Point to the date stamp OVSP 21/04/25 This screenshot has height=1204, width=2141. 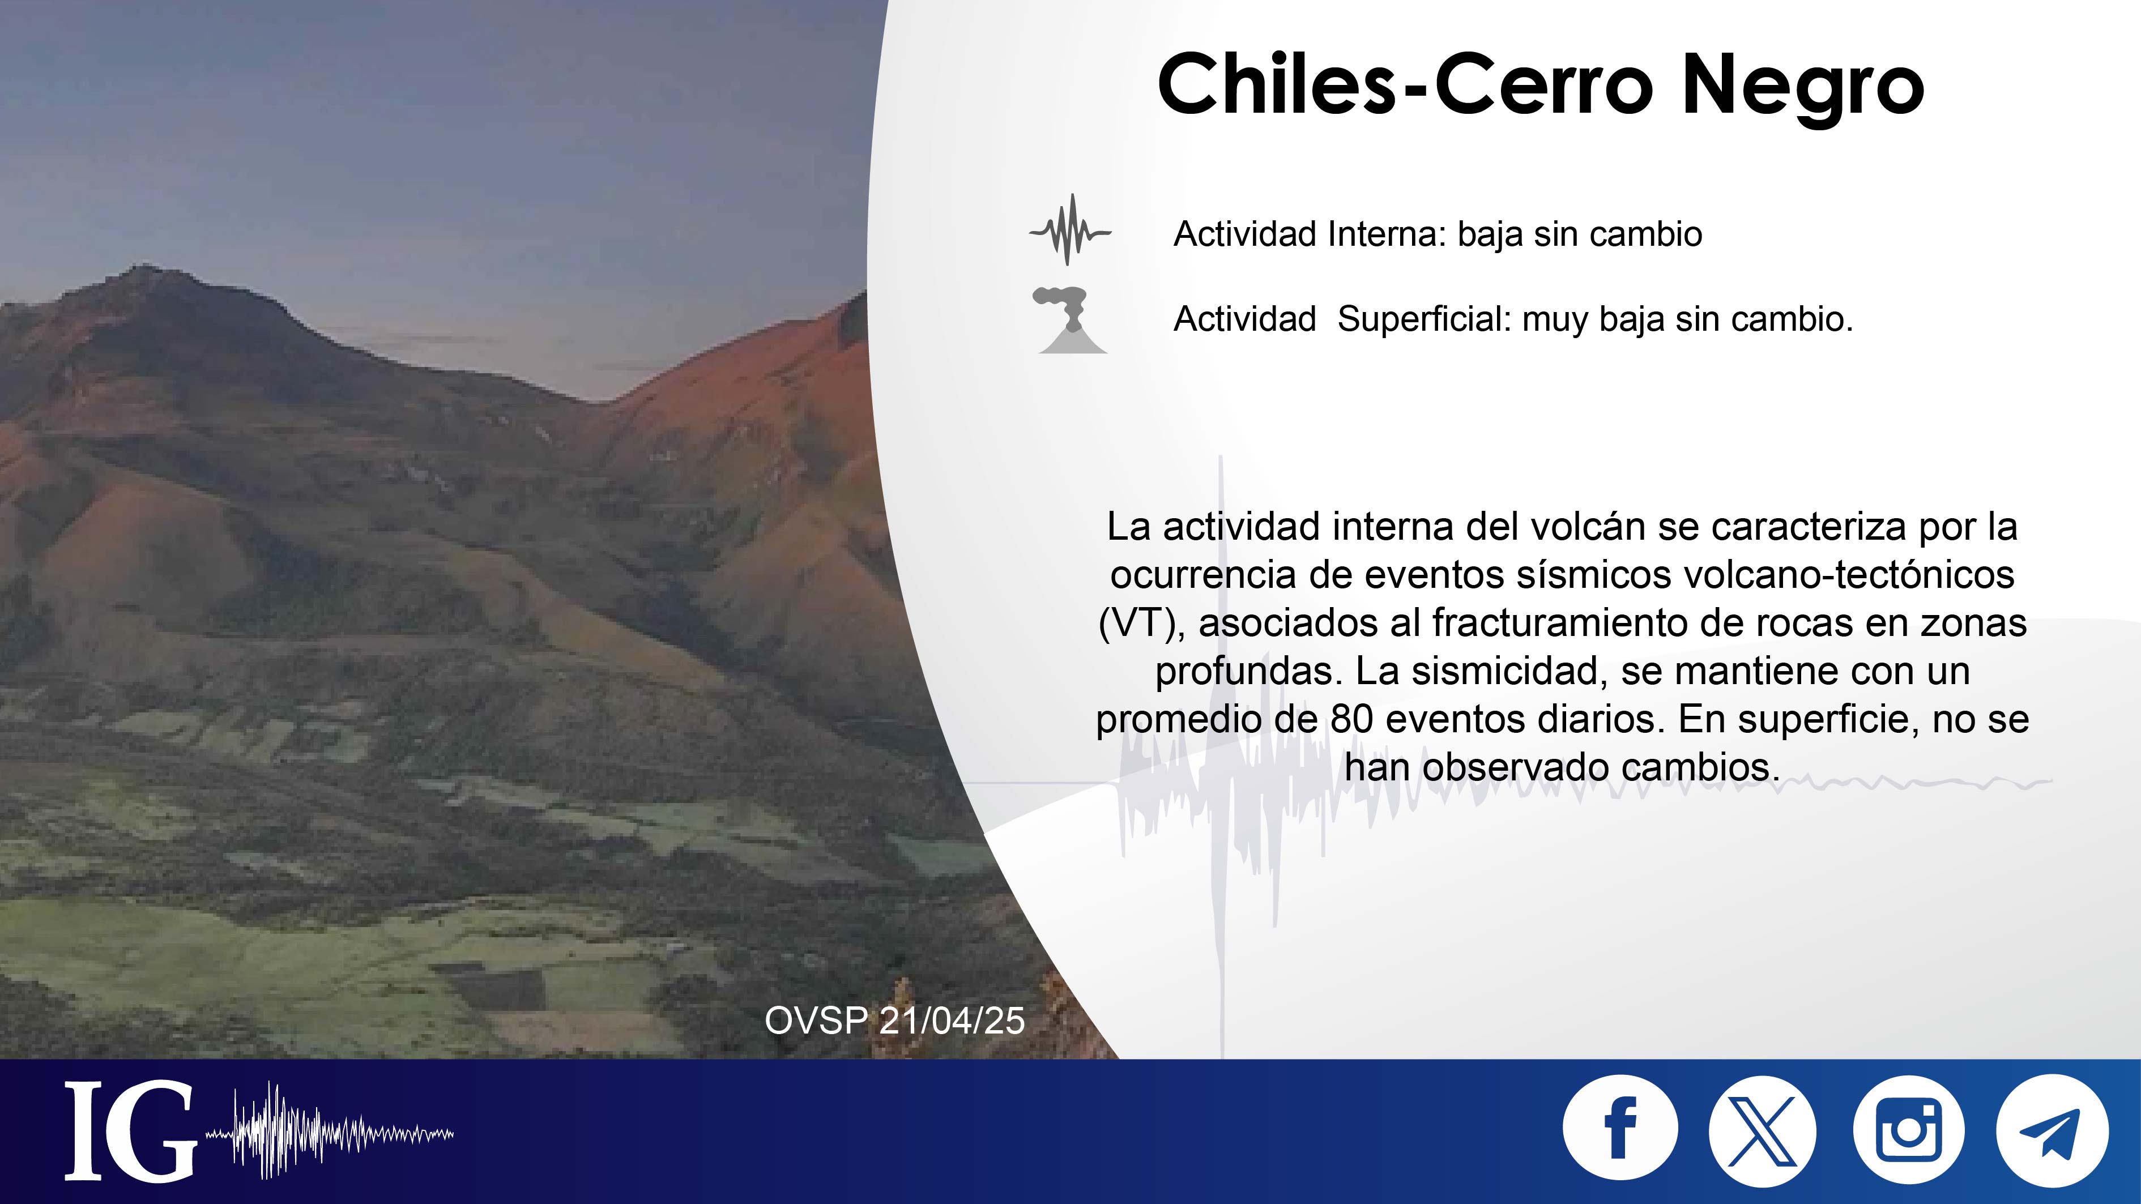894,1021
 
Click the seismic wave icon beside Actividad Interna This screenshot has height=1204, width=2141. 1070,230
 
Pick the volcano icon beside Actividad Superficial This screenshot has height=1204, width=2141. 1071,321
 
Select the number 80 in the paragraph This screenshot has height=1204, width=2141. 1352,719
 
